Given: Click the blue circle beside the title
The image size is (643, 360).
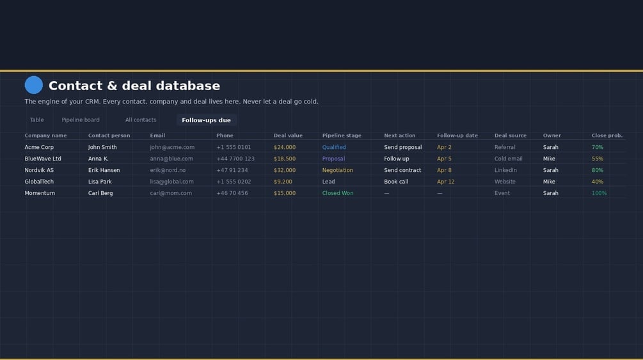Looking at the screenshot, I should (34, 85).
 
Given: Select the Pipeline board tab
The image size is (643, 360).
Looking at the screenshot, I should (81, 120).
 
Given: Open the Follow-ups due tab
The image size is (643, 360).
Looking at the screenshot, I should (206, 120).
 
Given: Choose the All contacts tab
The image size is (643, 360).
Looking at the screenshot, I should (141, 120).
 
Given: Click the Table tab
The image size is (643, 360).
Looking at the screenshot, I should (37, 120).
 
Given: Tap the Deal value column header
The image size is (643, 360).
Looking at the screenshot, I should (288, 136).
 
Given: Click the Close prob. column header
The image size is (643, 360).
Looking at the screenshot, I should (607, 136).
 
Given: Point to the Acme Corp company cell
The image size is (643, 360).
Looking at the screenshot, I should (39, 147).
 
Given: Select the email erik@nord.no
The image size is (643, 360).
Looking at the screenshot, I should (168, 170).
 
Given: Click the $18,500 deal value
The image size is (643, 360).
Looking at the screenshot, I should (285, 159).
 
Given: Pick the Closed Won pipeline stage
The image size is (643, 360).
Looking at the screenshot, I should (338, 193).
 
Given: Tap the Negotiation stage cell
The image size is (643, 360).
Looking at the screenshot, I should (337, 170).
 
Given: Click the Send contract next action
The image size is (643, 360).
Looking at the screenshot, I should (402, 170).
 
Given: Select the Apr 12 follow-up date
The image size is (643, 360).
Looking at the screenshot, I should (446, 182).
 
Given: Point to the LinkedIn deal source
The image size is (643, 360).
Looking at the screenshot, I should (505, 170).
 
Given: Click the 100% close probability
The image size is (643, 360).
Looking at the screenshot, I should (599, 193).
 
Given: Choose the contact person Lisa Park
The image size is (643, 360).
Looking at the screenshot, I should (100, 182).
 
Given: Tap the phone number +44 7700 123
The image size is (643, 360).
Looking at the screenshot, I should (235, 159).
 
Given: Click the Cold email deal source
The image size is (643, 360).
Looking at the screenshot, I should (509, 159).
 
